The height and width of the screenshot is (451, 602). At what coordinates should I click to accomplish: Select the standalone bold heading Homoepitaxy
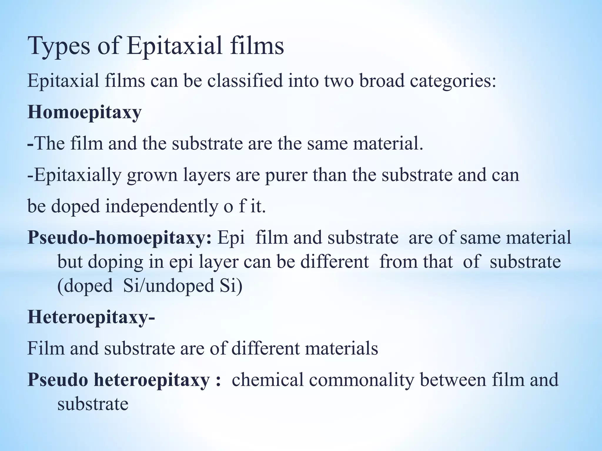pyautogui.click(x=84, y=113)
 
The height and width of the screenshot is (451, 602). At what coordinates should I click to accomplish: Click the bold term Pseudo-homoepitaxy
pyautogui.click(x=119, y=238)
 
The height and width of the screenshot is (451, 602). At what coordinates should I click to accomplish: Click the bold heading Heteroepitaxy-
pyautogui.click(x=91, y=318)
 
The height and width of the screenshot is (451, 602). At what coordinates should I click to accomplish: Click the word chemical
pyautogui.click(x=267, y=380)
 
